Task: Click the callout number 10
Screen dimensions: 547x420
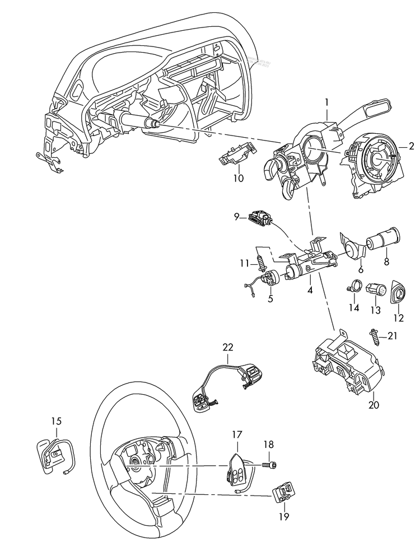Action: coord(239,179)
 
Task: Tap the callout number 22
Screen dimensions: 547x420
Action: coord(228,347)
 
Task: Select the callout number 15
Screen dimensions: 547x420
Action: coord(57,421)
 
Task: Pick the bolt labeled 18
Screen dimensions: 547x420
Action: coord(271,464)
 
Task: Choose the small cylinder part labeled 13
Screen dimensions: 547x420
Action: coord(374,291)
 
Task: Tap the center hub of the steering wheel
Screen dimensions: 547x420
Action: coord(136,462)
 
